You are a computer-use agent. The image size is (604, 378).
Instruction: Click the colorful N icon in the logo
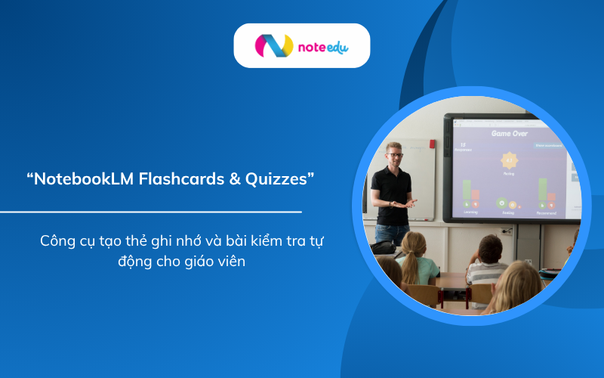click(273, 46)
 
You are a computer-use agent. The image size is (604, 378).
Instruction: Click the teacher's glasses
click(394, 154)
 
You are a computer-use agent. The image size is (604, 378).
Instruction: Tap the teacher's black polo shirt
click(392, 194)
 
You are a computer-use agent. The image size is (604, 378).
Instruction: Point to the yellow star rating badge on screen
click(508, 160)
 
